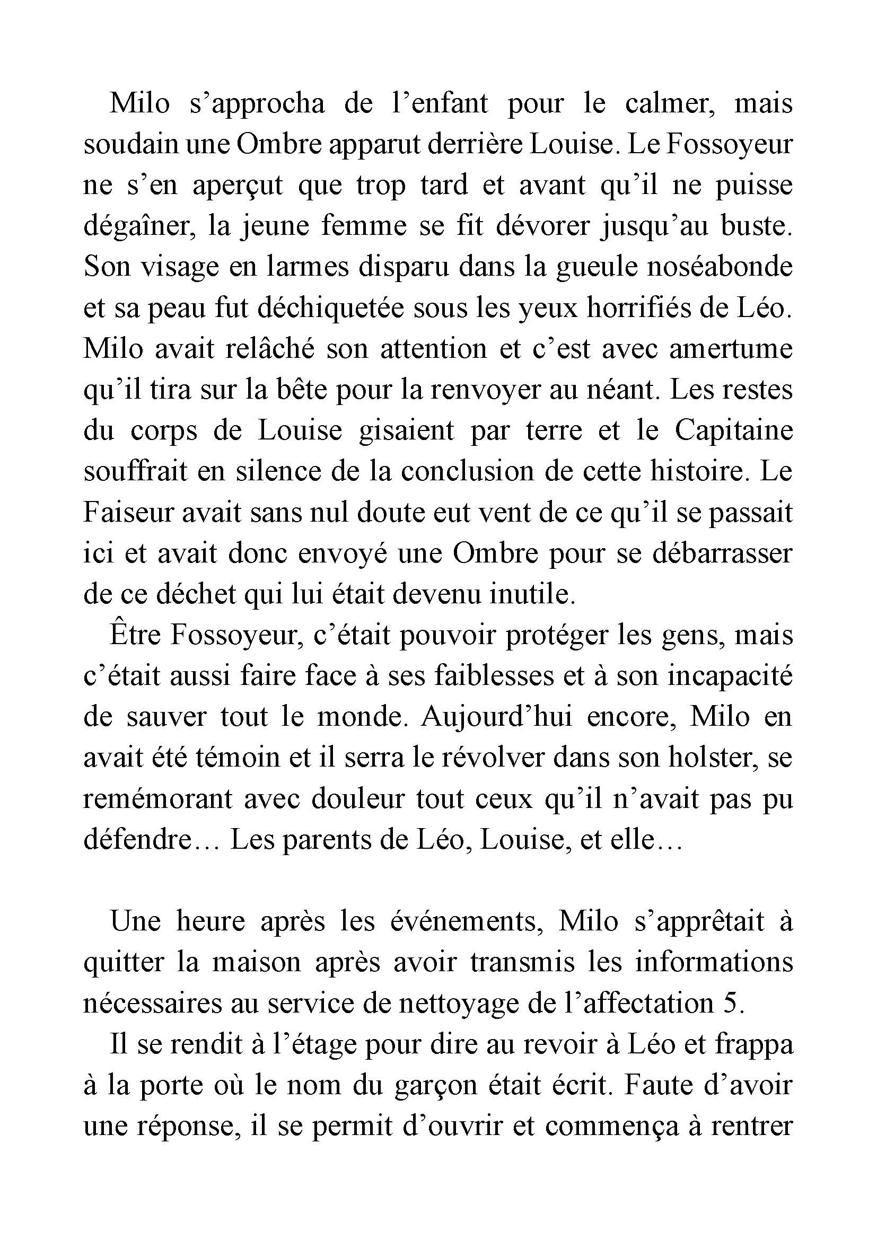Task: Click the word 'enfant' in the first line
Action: (445, 103)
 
